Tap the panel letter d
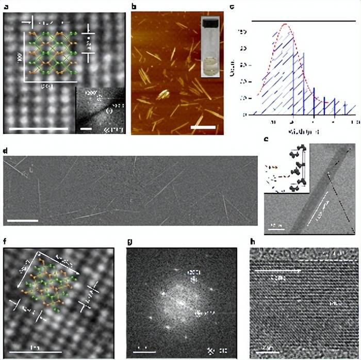5,151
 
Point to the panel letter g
129,240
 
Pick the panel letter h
252,240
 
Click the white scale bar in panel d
23,221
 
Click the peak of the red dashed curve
285,25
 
